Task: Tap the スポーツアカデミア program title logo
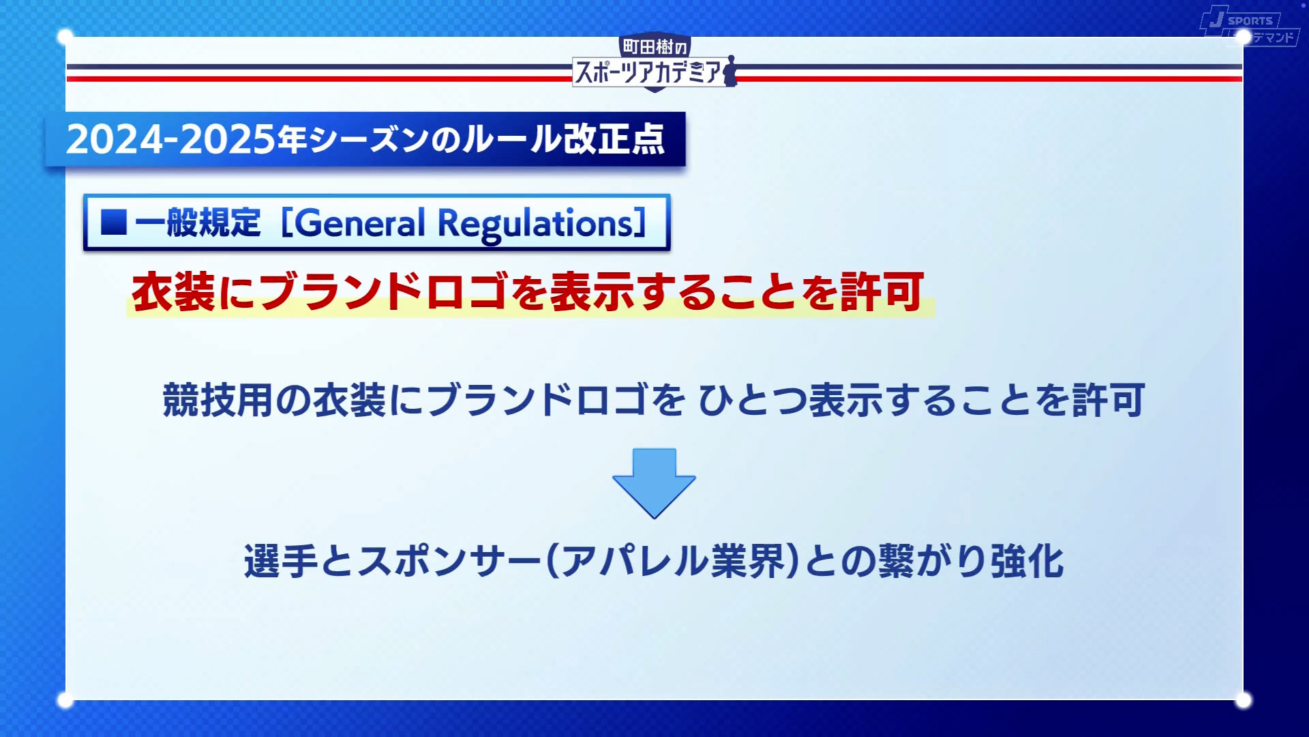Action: [x=648, y=72]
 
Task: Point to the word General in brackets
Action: [x=361, y=224]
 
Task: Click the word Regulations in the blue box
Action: [x=536, y=224]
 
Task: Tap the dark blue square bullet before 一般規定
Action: [x=114, y=222]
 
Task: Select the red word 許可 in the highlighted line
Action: [x=882, y=292]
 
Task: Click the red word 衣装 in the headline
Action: [x=173, y=292]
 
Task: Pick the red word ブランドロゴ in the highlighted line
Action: [x=383, y=292]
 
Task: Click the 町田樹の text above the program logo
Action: [x=654, y=46]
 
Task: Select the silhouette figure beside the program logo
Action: [x=730, y=71]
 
